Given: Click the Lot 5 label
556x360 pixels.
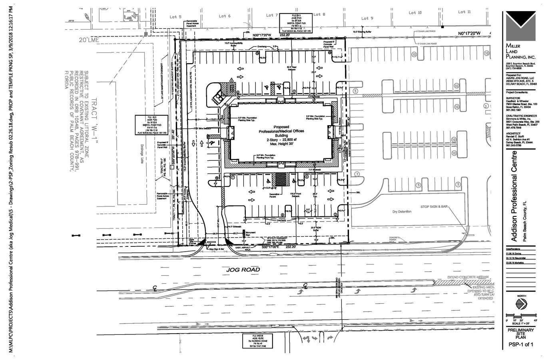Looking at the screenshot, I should point(175,17).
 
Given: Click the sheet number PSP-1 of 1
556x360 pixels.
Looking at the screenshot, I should point(521,344).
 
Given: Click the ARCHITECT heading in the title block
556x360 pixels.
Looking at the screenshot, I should point(514,134).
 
